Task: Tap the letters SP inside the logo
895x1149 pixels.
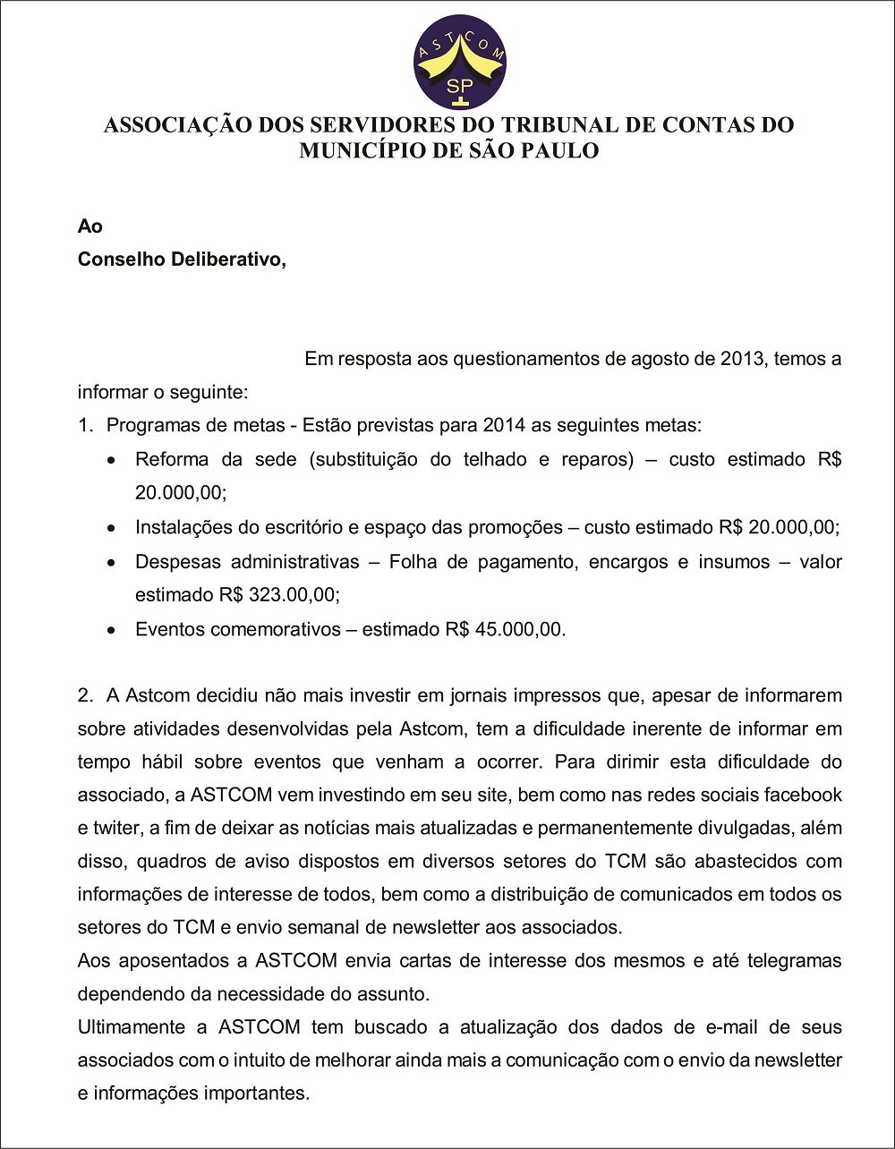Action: [460, 87]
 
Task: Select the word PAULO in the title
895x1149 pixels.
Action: [561, 150]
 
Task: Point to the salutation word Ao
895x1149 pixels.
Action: [89, 227]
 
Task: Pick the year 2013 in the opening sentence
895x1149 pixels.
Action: [742, 360]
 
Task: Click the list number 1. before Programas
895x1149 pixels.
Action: [86, 426]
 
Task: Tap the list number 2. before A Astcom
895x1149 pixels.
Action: [86, 695]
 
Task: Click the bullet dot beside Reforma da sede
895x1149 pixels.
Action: [111, 461]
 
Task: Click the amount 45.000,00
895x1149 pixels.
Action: [520, 629]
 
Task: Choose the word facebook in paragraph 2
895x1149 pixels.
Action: [803, 795]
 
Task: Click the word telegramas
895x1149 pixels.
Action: [794, 961]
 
